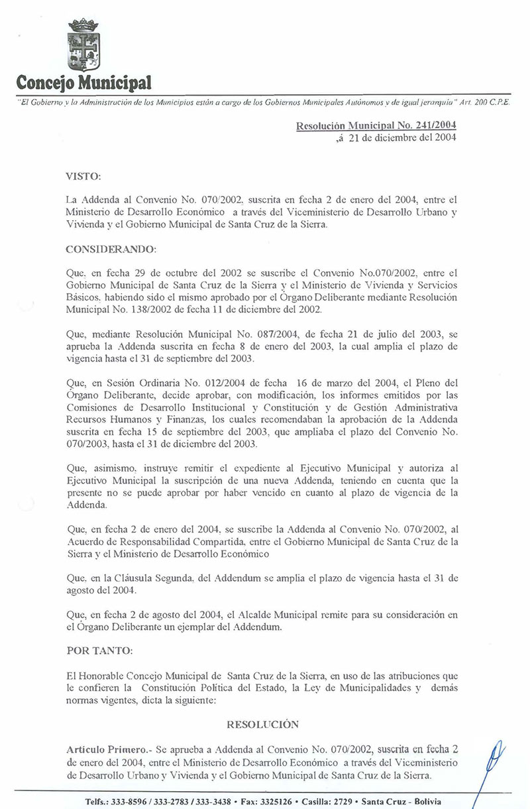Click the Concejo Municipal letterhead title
tap(83, 84)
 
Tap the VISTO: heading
tap(83, 178)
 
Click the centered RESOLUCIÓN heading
tap(262, 724)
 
